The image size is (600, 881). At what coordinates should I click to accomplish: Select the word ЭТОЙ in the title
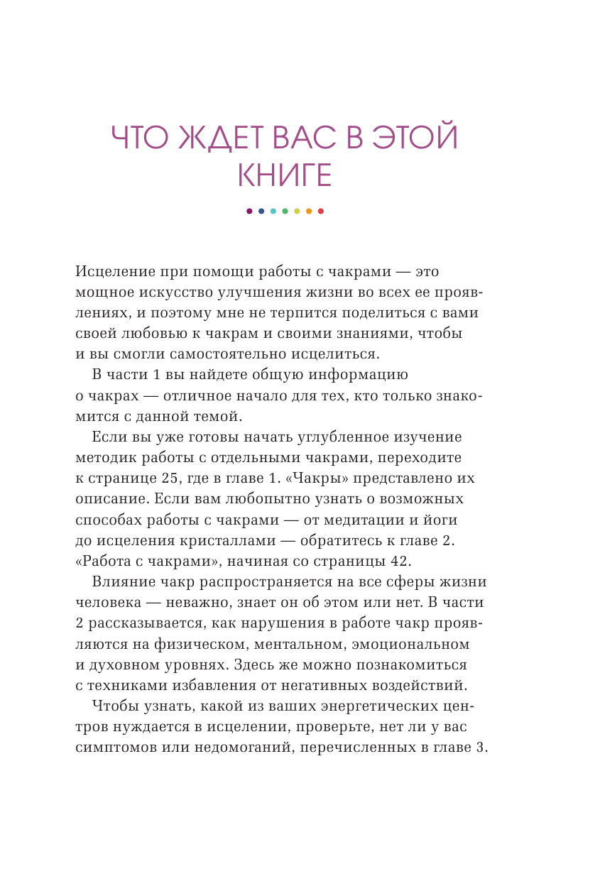coord(414,138)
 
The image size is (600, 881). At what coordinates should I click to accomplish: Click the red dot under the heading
coord(321,211)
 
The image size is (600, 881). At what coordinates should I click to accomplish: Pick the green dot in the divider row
coord(285,211)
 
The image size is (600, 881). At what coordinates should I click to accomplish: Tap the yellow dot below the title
coord(297,211)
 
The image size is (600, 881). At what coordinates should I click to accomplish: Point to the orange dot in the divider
coord(309,211)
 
